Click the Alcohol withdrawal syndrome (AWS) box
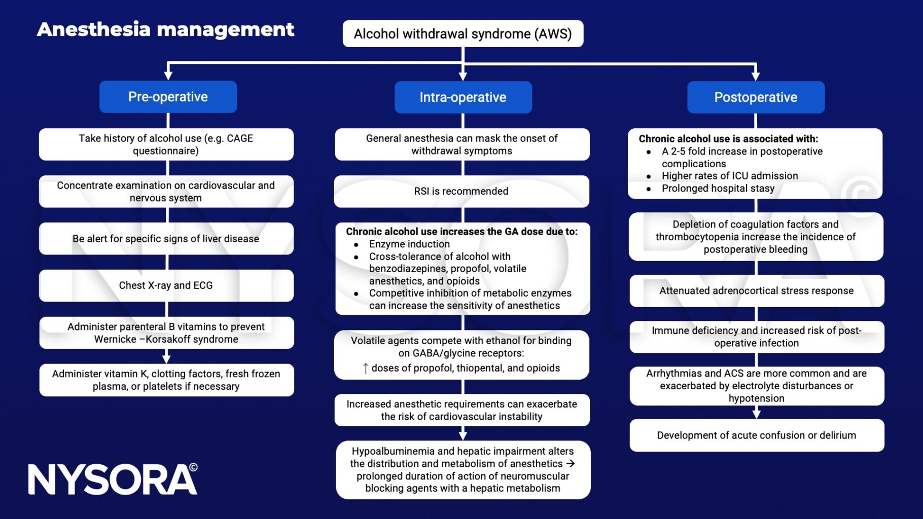point(463,34)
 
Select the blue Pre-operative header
point(168,97)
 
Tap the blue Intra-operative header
point(463,97)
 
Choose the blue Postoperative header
point(755,97)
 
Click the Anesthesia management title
point(165,29)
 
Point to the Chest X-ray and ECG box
point(166,285)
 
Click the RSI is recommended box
point(461,191)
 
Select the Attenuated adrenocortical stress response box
point(756,291)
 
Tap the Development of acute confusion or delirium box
point(756,435)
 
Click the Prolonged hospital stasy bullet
point(718,189)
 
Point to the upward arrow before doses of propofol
point(365,368)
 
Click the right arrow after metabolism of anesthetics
point(571,463)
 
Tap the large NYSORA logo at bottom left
point(113,479)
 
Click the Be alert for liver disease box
point(166,239)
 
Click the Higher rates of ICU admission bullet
point(729,176)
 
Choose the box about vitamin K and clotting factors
point(166,380)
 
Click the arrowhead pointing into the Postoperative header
point(756,76)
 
